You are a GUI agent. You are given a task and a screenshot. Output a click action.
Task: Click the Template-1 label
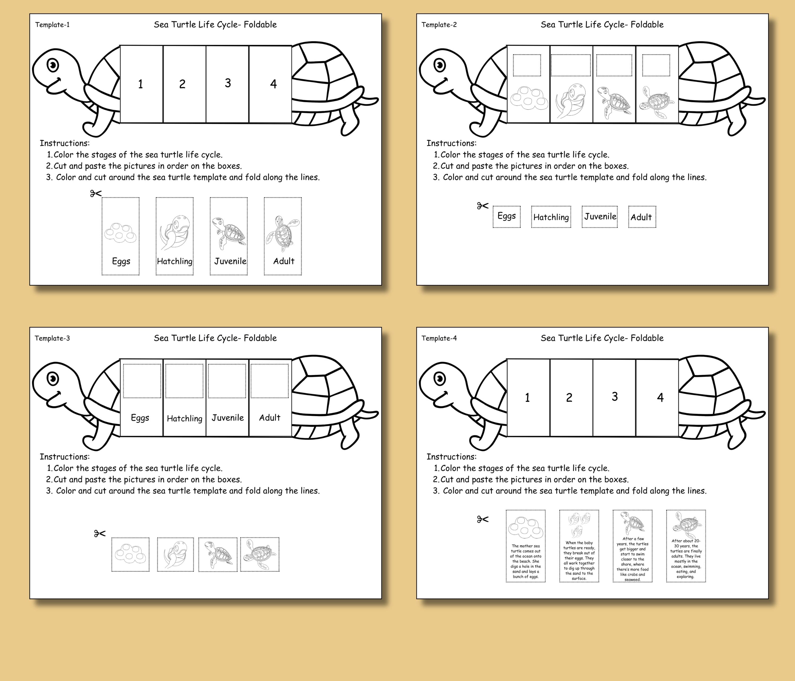(52, 25)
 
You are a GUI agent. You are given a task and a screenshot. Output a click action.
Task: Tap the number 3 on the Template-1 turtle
(228, 83)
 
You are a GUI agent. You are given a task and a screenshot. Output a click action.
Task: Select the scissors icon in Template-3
(100, 533)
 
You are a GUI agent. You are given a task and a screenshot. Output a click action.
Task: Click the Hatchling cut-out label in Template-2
(551, 217)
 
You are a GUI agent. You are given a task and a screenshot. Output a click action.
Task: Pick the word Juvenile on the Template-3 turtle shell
(228, 417)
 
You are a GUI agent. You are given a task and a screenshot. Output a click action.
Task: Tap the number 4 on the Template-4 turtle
(660, 397)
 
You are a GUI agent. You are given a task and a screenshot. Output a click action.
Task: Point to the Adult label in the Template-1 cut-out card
(284, 261)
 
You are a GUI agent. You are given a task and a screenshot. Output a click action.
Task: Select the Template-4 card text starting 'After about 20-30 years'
(686, 558)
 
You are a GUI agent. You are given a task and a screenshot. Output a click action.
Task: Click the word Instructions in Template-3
(64, 457)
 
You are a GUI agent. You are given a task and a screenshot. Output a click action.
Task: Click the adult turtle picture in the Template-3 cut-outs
(260, 554)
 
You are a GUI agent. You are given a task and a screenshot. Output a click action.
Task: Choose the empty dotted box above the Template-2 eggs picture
(527, 65)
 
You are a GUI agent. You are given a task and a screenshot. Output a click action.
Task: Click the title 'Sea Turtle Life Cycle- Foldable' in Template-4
(602, 338)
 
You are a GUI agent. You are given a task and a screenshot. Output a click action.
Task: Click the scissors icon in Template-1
(96, 193)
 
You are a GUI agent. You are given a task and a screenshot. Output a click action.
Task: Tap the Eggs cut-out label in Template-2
(506, 216)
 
